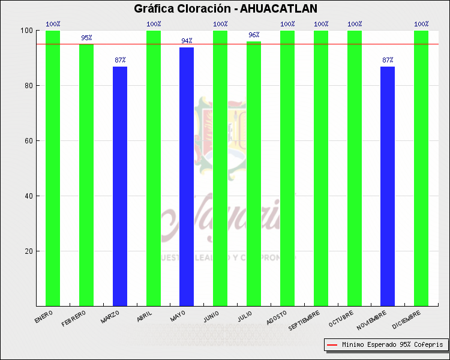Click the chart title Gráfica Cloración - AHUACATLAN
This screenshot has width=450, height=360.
coord(225,8)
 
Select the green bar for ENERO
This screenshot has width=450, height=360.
coord(53,168)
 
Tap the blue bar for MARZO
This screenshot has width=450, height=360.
coord(120,186)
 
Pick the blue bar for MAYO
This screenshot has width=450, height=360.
coord(187,176)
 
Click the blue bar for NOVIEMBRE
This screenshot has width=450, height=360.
coord(388,186)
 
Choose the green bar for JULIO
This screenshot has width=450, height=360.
coord(254,173)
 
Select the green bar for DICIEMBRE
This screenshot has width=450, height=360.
coord(421,168)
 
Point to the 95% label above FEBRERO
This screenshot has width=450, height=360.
coord(86,38)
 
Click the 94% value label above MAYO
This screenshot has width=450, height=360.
coord(187,41)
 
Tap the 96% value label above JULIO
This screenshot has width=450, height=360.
coord(254,35)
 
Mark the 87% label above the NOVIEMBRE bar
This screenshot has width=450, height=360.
coord(388,60)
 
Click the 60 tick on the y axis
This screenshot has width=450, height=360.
coord(28,141)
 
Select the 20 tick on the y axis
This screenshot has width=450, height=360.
coord(28,251)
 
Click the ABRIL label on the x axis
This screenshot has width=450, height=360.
coord(145,316)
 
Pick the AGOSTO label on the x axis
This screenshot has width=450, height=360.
coord(277,317)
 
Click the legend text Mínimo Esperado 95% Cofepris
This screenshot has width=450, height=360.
coord(392,345)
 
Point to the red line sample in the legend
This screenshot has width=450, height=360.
coord(332,345)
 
